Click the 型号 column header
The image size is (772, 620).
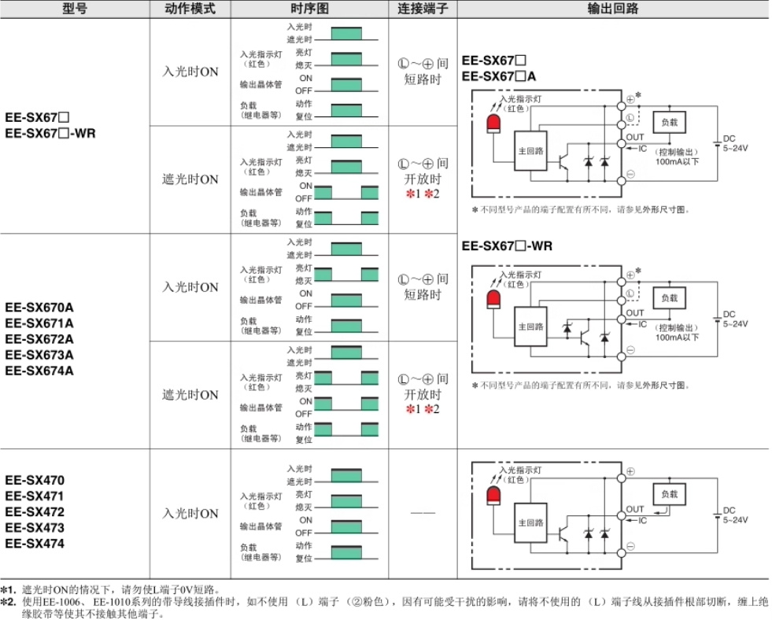click(75, 9)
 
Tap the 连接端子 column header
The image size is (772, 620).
click(423, 9)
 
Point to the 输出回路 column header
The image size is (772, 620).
click(613, 9)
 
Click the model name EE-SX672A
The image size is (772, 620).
click(39, 339)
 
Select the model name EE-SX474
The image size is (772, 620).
click(35, 544)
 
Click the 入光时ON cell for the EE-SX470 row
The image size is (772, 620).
click(190, 514)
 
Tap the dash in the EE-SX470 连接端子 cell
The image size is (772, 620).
click(423, 514)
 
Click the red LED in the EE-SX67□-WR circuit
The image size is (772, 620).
click(494, 300)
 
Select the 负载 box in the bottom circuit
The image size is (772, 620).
click(670, 494)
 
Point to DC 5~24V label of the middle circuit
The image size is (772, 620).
click(736, 319)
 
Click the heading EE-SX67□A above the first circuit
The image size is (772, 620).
click(499, 76)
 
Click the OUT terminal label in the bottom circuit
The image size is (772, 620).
click(635, 510)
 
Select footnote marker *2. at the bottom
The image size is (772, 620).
click(9, 601)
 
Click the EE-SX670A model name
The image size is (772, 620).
click(39, 308)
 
